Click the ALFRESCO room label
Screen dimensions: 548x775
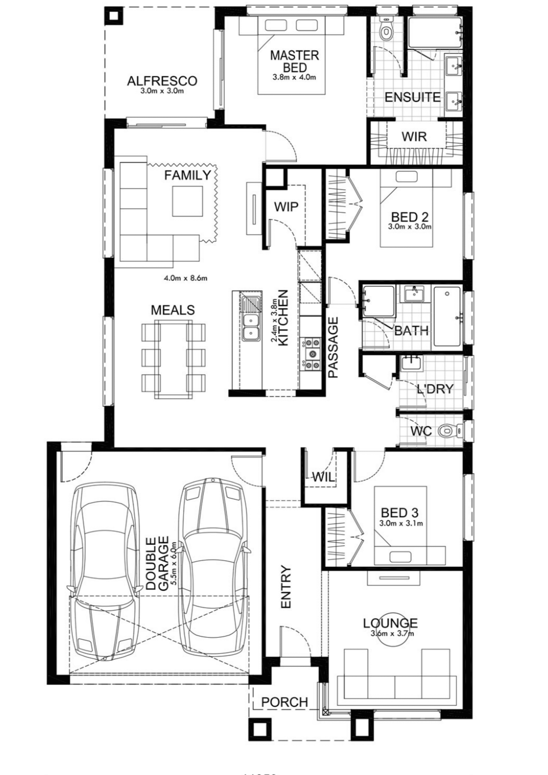[162, 81]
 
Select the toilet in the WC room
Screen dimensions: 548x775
[449, 431]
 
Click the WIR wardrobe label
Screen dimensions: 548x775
[414, 136]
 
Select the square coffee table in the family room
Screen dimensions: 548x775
[188, 201]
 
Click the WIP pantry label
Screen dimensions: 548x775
[286, 207]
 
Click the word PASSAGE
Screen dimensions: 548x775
[333, 347]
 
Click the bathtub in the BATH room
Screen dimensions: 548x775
[447, 317]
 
